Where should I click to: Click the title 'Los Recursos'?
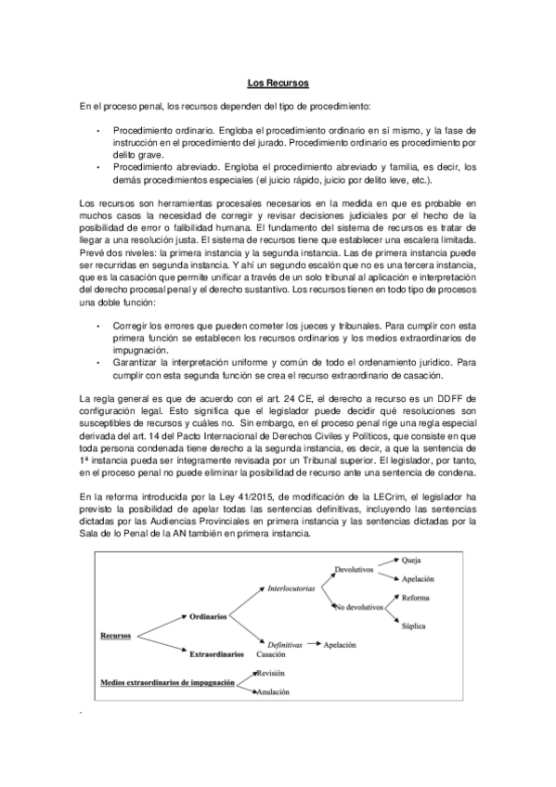pyautogui.click(x=278, y=84)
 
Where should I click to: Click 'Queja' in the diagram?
pyautogui.click(x=413, y=561)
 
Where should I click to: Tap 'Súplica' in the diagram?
pyautogui.click(x=414, y=626)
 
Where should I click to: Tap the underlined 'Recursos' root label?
pyautogui.click(x=114, y=636)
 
